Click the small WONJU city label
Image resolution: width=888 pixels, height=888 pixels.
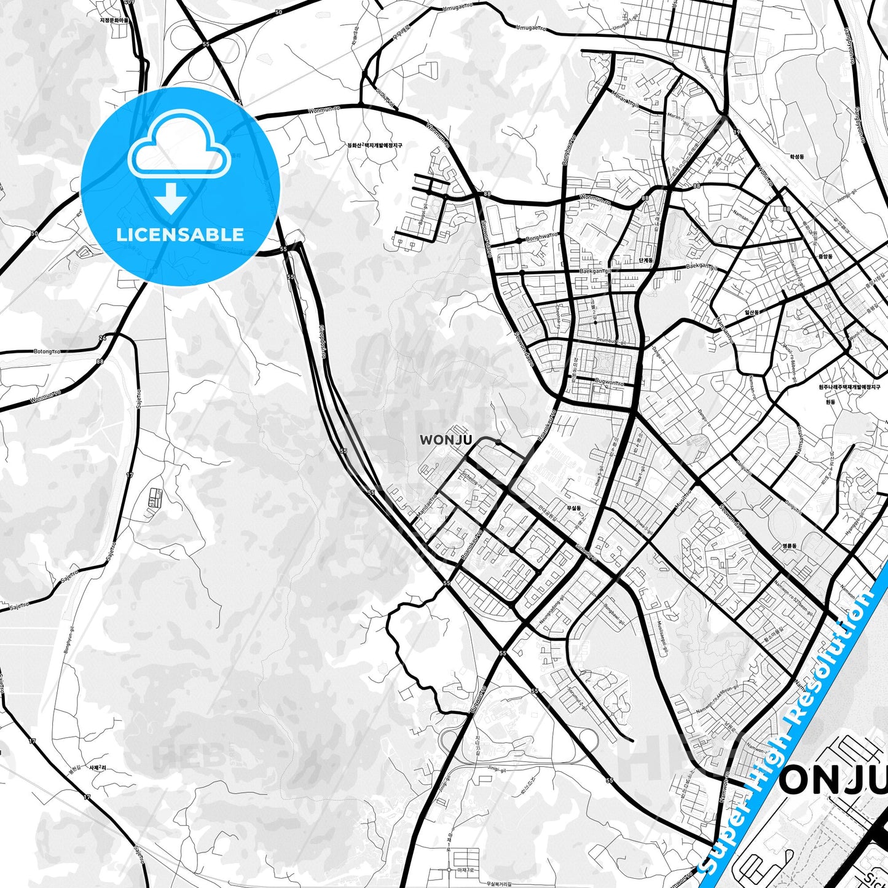pos(446,440)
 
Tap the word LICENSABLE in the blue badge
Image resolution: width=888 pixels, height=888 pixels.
pos(180,234)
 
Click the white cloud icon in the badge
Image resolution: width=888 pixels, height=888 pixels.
pos(179,145)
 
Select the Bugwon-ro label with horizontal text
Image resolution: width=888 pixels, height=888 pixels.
pos(608,382)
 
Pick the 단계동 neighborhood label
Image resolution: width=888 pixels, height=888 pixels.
pos(646,261)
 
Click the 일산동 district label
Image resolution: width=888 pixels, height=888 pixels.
pos(752,312)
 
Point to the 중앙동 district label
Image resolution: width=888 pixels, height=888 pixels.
pos(825,256)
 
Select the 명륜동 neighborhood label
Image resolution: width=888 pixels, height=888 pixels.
pos(788,546)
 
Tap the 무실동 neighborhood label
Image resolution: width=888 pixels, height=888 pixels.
pos(573,508)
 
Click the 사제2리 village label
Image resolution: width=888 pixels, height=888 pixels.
pos(98,768)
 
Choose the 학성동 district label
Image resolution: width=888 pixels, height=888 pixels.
pos(797,157)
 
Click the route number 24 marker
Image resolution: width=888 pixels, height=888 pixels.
pos(102,337)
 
